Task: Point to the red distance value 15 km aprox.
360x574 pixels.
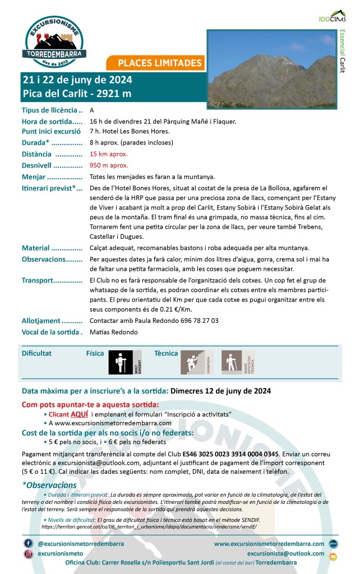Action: pyautogui.click(x=108, y=154)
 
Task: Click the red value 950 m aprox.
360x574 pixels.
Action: pyautogui.click(x=109, y=165)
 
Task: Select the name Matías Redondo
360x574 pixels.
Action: pyautogui.click(x=113, y=332)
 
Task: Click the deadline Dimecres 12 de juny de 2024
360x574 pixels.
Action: pyautogui.click(x=220, y=391)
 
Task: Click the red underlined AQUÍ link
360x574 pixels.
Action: pyautogui.click(x=79, y=414)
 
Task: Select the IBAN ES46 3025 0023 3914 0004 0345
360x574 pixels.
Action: pyautogui.click(x=232, y=453)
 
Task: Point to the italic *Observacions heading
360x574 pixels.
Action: pyautogui.click(x=49, y=485)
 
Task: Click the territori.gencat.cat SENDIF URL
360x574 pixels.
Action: pyautogui.click(x=150, y=527)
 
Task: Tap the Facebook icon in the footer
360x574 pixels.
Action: pyautogui.click(x=28, y=544)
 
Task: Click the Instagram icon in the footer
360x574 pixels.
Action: pyautogui.click(x=28, y=554)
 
